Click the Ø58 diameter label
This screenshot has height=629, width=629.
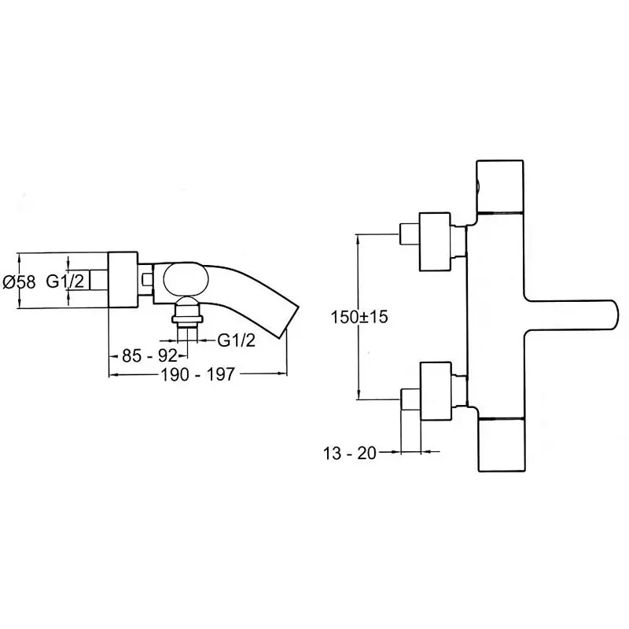pos(20,281)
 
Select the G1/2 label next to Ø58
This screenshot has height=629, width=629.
pos(63,281)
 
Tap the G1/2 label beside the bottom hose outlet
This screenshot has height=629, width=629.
pos(236,339)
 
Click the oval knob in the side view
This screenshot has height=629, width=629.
pos(187,279)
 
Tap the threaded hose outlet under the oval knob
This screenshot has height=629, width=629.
pos(188,312)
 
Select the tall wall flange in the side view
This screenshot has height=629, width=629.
pos(123,281)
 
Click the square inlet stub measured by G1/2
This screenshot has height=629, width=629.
pos(97,281)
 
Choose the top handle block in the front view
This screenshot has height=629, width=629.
pos(500,186)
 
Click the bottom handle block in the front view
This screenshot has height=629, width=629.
pos(500,443)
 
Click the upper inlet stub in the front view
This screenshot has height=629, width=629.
pos(410,234)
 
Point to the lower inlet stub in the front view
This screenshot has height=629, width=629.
pos(410,399)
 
